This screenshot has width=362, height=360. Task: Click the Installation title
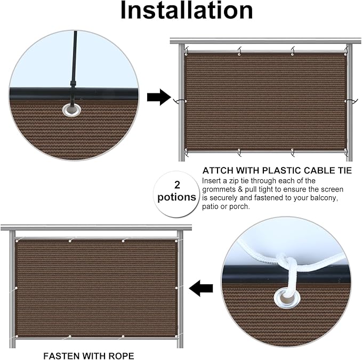[x=187, y=10]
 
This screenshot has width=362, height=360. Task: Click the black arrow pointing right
[x=159, y=97]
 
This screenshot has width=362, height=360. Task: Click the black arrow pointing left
[x=201, y=288]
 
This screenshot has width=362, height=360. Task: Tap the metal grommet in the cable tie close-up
[x=72, y=110]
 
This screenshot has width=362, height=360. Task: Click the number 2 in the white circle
[x=177, y=185]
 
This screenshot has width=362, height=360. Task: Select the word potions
[x=176, y=197]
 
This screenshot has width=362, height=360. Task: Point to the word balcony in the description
[x=324, y=198]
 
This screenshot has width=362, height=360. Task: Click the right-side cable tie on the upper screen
[x=351, y=101]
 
